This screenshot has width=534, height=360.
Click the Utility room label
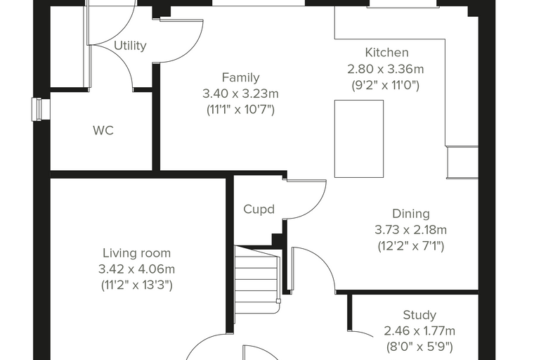pos(130,46)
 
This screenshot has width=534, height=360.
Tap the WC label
pos(103,131)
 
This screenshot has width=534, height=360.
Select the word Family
pos(241,78)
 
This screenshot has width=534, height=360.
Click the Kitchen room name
pos(386,53)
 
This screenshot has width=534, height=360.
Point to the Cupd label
pos(259,210)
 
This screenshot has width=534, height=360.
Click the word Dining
pos(411,214)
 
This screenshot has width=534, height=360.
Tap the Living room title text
pos(136,253)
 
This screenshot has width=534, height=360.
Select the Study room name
pos(419,315)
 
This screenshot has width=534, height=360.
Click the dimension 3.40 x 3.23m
pos(240,94)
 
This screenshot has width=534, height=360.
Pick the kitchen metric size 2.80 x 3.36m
pos(386,69)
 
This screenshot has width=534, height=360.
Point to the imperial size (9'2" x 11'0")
pos(385,85)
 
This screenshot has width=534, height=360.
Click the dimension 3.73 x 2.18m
pos(411,230)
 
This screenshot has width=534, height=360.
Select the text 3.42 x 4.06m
pos(136,269)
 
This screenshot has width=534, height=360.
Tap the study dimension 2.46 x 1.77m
pos(419,331)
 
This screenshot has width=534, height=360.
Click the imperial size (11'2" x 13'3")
pos(136,285)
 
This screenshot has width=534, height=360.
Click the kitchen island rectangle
pos(359,139)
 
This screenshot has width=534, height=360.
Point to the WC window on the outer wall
pos(41,109)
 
